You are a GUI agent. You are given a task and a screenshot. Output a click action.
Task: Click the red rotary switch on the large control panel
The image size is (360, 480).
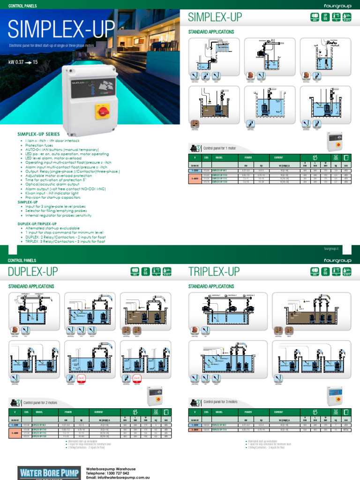[103, 112]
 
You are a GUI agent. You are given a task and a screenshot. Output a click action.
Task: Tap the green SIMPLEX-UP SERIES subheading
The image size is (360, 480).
[36, 134]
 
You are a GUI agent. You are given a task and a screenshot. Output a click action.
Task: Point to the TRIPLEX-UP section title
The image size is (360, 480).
[214, 271]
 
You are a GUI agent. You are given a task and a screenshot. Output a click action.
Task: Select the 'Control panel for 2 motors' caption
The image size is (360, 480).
[40, 402]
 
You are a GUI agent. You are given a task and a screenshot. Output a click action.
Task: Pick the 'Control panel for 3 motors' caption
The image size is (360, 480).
[220, 402]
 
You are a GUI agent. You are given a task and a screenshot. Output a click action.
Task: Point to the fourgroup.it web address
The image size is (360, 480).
[331, 248]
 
